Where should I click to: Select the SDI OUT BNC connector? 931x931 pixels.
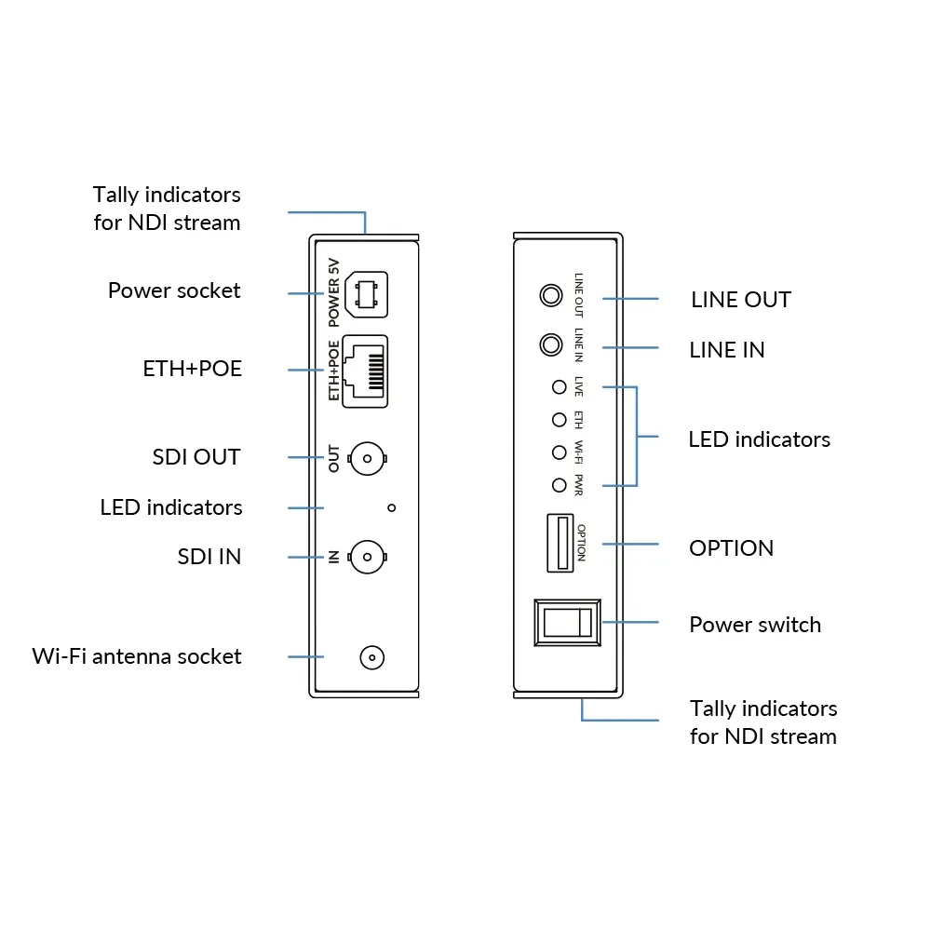coord(367,458)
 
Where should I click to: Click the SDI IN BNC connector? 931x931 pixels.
coord(367,558)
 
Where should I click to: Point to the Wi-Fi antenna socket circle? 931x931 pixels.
coord(371,658)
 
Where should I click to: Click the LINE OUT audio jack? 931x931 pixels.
coord(551,296)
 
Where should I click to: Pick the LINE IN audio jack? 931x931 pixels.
coord(551,345)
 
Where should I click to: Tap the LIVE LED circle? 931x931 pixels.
coord(559,387)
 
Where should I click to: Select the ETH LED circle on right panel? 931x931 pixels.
coord(559,420)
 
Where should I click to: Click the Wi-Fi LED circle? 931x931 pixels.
coord(559,452)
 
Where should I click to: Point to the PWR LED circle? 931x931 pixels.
coord(559,485)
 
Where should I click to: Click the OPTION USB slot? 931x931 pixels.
coord(560,543)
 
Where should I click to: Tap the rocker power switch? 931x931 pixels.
coord(567,623)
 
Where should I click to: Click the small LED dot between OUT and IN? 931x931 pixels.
coord(391,507)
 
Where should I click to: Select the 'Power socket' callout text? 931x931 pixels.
coord(174,290)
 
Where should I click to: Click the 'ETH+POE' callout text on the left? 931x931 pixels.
coord(192,369)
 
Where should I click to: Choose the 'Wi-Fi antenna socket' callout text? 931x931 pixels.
coord(137,656)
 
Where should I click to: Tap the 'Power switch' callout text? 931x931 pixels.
coord(755,625)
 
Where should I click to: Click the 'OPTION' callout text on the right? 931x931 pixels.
coord(731,548)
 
